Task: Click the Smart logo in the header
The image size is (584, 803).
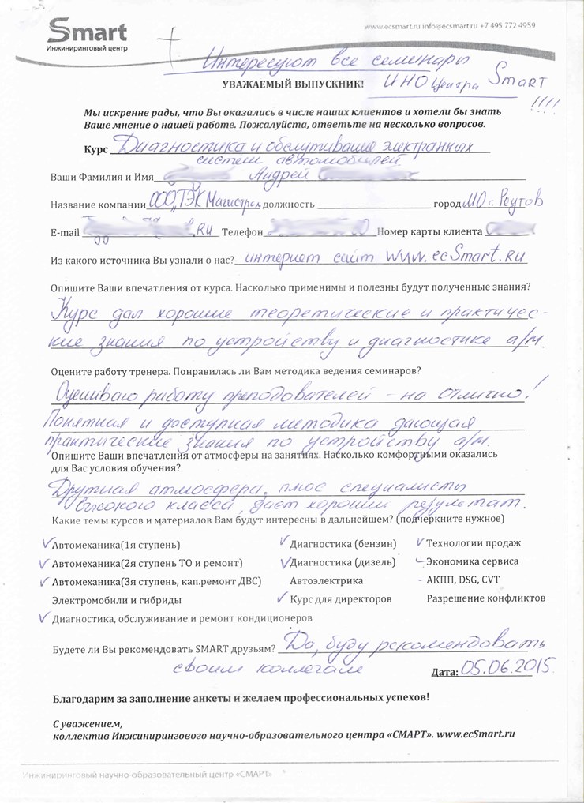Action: [x=88, y=36]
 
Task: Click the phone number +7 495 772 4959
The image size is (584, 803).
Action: [x=508, y=25]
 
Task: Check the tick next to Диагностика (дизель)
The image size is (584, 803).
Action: [x=284, y=562]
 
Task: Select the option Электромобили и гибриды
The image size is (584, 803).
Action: [x=116, y=600]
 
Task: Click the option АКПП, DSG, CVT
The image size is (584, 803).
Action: [x=462, y=580]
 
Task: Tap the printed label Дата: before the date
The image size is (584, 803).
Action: [x=445, y=673]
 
